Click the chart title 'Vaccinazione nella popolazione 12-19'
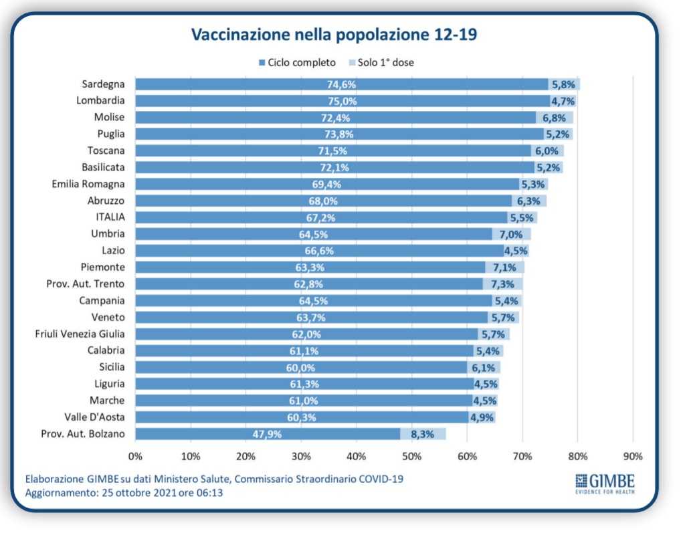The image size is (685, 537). [334, 35]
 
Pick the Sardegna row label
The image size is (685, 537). [103, 84]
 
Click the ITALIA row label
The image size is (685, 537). [110, 217]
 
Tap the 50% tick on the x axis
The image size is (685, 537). [411, 457]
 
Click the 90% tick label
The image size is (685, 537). [633, 457]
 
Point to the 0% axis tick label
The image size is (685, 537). [135, 457]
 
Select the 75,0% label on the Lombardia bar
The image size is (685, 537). [342, 102]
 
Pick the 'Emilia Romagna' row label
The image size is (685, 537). [89, 184]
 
